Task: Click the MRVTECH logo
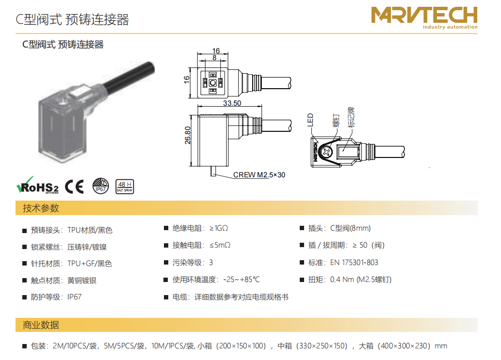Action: click(424, 18)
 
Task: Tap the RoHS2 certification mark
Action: click(38, 186)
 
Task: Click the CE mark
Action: click(75, 187)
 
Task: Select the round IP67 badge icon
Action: click(101, 186)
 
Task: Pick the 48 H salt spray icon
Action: click(125, 187)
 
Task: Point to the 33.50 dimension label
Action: click(232, 103)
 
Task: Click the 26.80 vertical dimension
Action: click(188, 135)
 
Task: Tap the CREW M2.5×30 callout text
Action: click(259, 175)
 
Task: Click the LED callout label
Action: click(310, 120)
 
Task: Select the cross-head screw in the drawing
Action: click(326, 152)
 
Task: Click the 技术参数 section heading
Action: click(41, 208)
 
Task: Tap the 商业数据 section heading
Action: click(41, 325)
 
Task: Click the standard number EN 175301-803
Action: click(354, 263)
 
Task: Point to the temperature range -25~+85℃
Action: click(242, 280)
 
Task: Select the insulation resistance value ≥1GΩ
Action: click(219, 228)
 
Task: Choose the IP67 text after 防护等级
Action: click(75, 297)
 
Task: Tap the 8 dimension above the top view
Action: click(214, 58)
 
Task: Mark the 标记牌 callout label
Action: click(351, 117)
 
